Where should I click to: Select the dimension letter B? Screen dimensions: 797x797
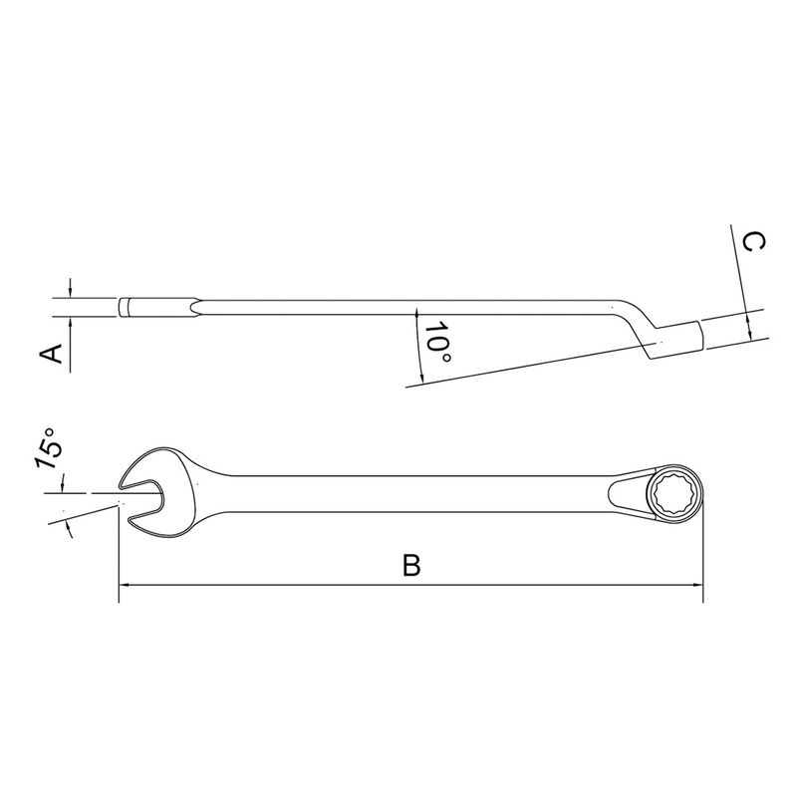(x=410, y=565)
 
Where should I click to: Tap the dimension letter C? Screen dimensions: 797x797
(x=754, y=242)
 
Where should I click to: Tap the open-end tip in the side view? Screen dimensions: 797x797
(x=126, y=307)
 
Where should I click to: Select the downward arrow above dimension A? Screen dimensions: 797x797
(x=70, y=290)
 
